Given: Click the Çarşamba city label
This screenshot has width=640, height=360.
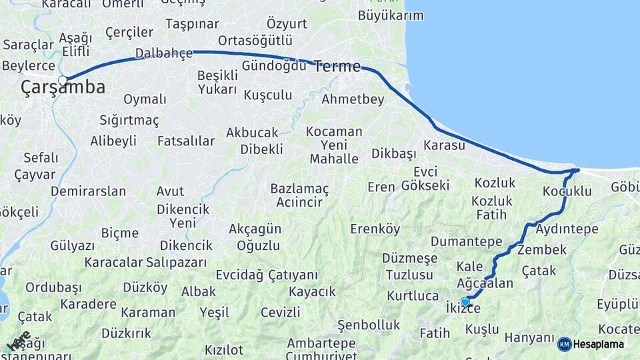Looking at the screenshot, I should click(63, 87).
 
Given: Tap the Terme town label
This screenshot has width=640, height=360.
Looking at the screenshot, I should click(337, 66).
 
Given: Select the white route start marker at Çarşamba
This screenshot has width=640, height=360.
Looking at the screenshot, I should click(63, 81).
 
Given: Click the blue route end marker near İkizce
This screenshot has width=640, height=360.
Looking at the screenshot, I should click(465, 302).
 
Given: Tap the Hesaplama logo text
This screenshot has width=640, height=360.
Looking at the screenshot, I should click(599, 345).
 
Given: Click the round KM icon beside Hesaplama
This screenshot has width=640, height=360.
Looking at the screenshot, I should click(564, 345).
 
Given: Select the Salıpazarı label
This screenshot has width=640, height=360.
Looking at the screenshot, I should click(176, 262).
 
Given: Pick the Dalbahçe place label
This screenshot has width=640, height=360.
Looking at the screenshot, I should click(163, 53).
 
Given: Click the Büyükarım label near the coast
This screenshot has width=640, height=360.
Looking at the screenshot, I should click(391, 15).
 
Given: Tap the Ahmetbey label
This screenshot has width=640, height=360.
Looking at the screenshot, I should click(353, 99).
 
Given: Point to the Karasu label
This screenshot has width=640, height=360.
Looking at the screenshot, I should click(443, 145).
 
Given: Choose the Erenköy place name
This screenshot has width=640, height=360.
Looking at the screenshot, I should click(375, 229).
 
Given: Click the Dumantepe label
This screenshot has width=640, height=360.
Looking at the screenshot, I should click(466, 241).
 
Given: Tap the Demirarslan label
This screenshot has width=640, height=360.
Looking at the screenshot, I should click(88, 191).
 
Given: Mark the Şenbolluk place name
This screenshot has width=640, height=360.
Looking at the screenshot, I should click(369, 325).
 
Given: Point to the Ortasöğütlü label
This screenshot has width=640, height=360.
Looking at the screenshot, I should click(255, 40).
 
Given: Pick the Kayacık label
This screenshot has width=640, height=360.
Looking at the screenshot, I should click(312, 291).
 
